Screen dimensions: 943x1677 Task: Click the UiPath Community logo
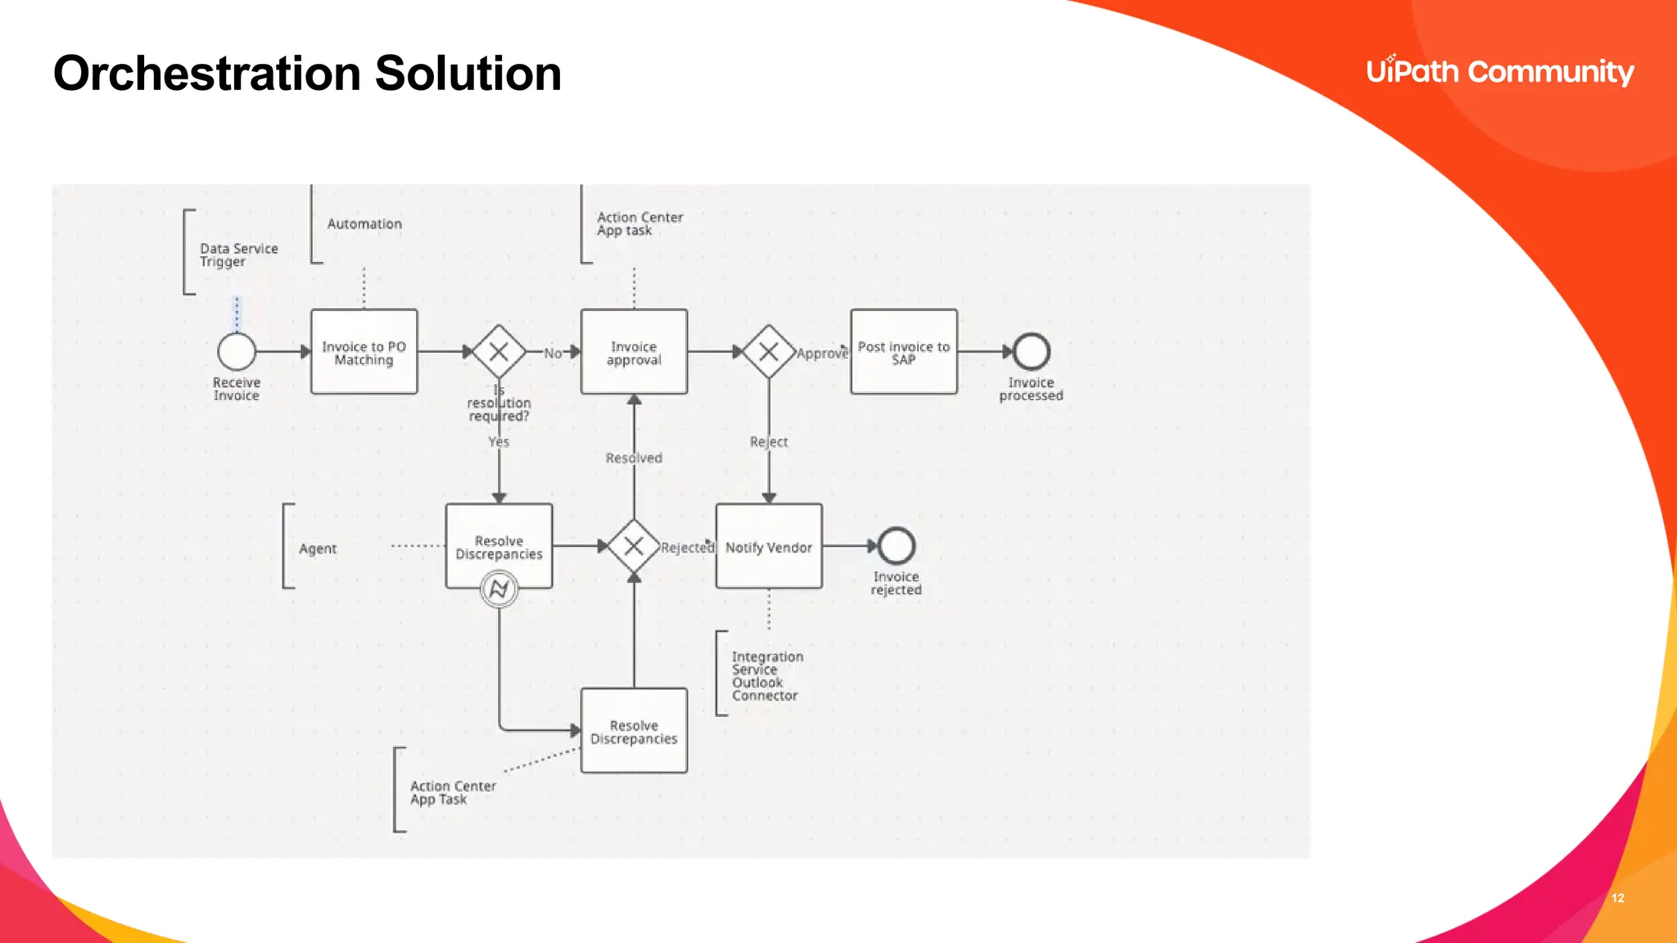tap(1499, 72)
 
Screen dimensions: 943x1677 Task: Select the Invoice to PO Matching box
tap(364, 352)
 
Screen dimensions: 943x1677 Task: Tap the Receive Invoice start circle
tap(237, 352)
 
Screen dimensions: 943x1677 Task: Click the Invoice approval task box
tap(634, 352)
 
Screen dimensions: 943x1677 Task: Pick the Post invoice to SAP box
tap(903, 352)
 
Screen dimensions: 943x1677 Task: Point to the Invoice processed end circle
tap(1031, 352)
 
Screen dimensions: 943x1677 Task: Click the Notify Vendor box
tap(768, 546)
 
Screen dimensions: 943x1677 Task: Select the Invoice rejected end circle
tap(896, 546)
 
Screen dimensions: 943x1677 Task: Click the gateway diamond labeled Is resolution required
tap(499, 352)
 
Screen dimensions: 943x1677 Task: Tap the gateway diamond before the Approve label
tap(768, 352)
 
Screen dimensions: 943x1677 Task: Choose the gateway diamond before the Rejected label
tap(634, 546)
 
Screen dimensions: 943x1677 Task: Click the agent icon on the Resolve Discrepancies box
tap(499, 589)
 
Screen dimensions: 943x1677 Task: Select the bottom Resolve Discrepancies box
tap(634, 730)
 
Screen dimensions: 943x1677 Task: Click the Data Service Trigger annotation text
tap(238, 255)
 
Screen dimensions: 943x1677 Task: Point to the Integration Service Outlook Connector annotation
tap(766, 675)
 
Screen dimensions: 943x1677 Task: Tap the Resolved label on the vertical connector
tap(634, 458)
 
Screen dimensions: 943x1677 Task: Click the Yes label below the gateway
tap(499, 442)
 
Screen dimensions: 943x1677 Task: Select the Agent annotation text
tap(318, 548)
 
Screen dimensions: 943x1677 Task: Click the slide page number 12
tap(1617, 898)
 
